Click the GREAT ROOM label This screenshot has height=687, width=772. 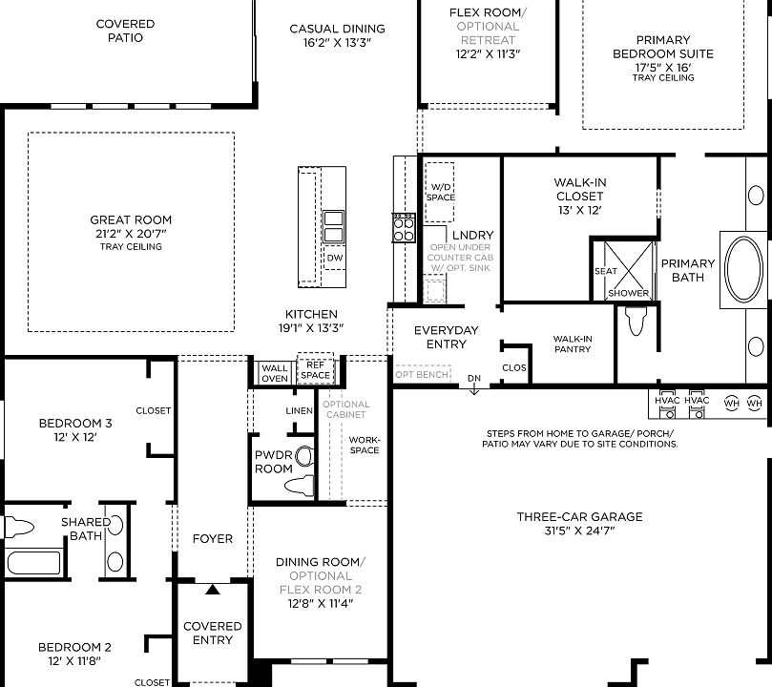(x=131, y=220)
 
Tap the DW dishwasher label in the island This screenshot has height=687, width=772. (x=334, y=258)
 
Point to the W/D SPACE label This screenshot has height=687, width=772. (x=440, y=192)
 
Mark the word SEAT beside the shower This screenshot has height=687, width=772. (x=606, y=271)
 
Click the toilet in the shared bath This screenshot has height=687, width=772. (x=18, y=526)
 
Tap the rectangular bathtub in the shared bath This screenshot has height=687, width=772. (x=34, y=561)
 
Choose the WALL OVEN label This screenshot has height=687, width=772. (x=275, y=373)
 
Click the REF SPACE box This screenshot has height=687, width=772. (x=316, y=370)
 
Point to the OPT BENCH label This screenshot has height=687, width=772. (x=422, y=375)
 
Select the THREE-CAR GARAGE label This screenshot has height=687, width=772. (x=579, y=517)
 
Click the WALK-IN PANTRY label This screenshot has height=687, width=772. (x=573, y=343)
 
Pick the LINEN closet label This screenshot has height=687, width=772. (x=299, y=411)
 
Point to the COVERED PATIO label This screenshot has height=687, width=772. (x=125, y=31)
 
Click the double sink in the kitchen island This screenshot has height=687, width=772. (x=334, y=229)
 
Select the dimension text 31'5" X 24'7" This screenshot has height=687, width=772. (x=579, y=531)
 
